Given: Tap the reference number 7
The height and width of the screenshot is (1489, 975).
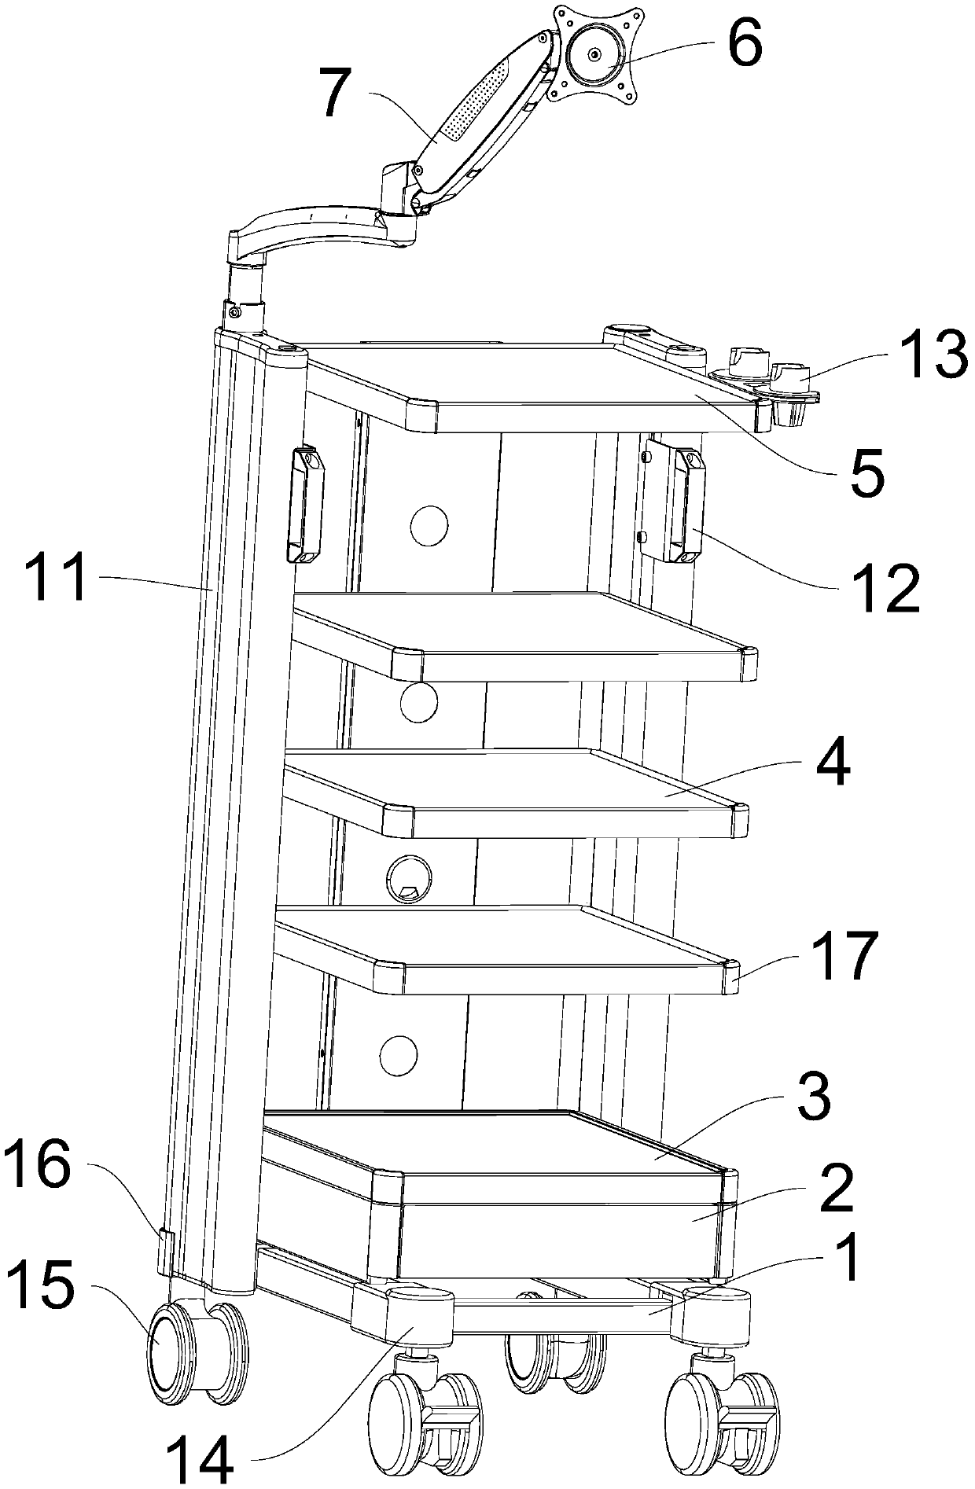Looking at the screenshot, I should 336,95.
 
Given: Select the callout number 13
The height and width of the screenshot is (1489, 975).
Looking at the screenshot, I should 929,355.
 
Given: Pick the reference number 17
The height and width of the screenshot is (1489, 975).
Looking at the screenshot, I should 848,956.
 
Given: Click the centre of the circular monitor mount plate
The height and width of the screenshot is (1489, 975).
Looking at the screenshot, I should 593,53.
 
